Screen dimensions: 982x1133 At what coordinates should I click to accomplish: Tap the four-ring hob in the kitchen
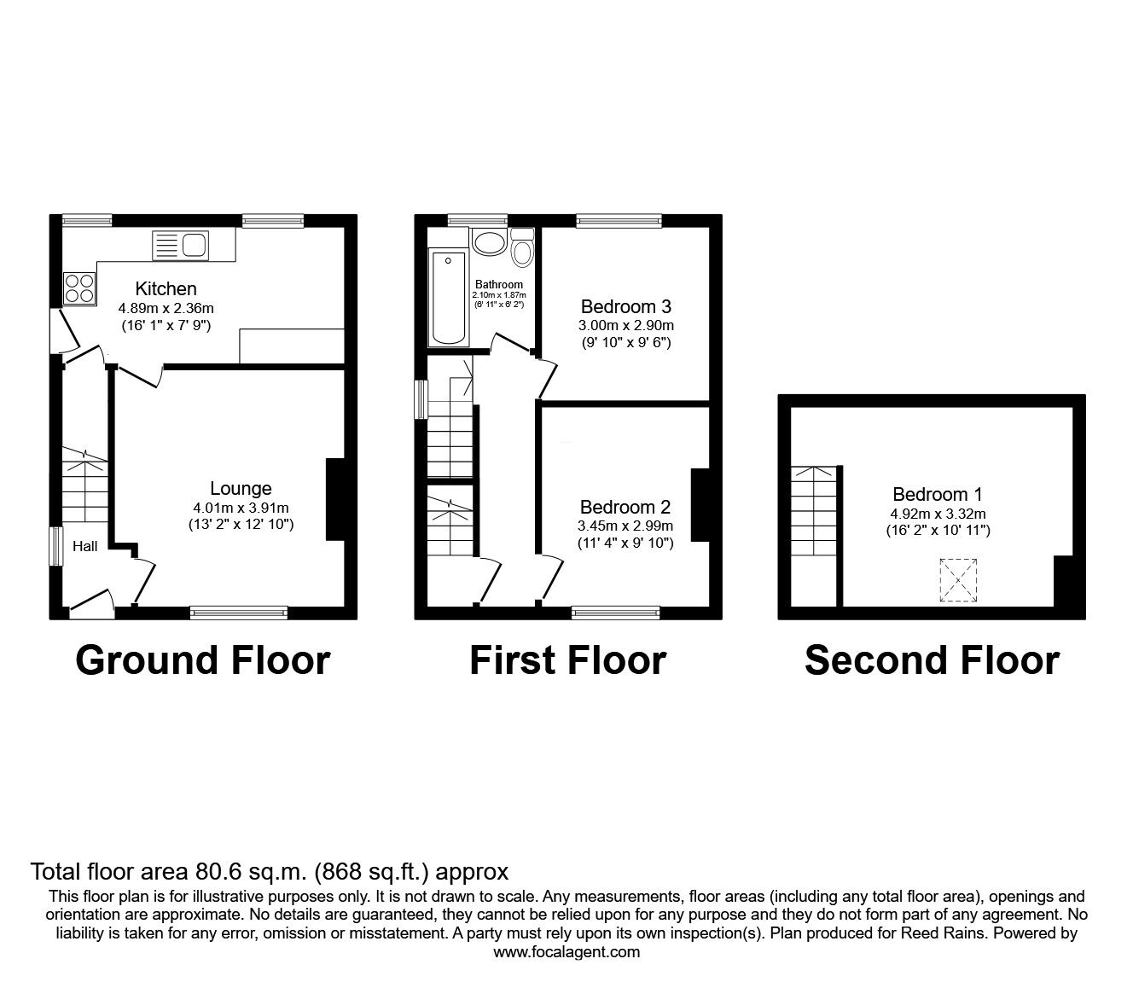point(79,287)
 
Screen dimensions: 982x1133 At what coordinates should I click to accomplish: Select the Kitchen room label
point(166,288)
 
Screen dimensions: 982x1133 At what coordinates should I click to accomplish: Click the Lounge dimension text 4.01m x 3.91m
point(241,508)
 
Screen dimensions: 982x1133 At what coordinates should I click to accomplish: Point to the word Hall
point(84,547)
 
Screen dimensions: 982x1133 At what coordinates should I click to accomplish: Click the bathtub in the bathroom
point(448,298)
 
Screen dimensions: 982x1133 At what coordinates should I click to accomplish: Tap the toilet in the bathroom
point(522,248)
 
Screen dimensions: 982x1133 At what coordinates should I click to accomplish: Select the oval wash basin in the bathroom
point(489,241)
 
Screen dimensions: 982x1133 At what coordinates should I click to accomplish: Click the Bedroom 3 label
point(626,306)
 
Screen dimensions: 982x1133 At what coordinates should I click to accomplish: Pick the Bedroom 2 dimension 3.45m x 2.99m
point(626,526)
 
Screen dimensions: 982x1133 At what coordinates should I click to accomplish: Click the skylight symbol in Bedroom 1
point(958,580)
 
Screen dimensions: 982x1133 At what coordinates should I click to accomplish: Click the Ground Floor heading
point(202,660)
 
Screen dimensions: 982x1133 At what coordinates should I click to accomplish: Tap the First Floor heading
point(567,660)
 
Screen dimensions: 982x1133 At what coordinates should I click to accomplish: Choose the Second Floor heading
point(932,660)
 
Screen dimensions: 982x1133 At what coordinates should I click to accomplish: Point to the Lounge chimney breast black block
point(335,500)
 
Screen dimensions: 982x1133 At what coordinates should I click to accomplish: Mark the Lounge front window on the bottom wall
point(239,612)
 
